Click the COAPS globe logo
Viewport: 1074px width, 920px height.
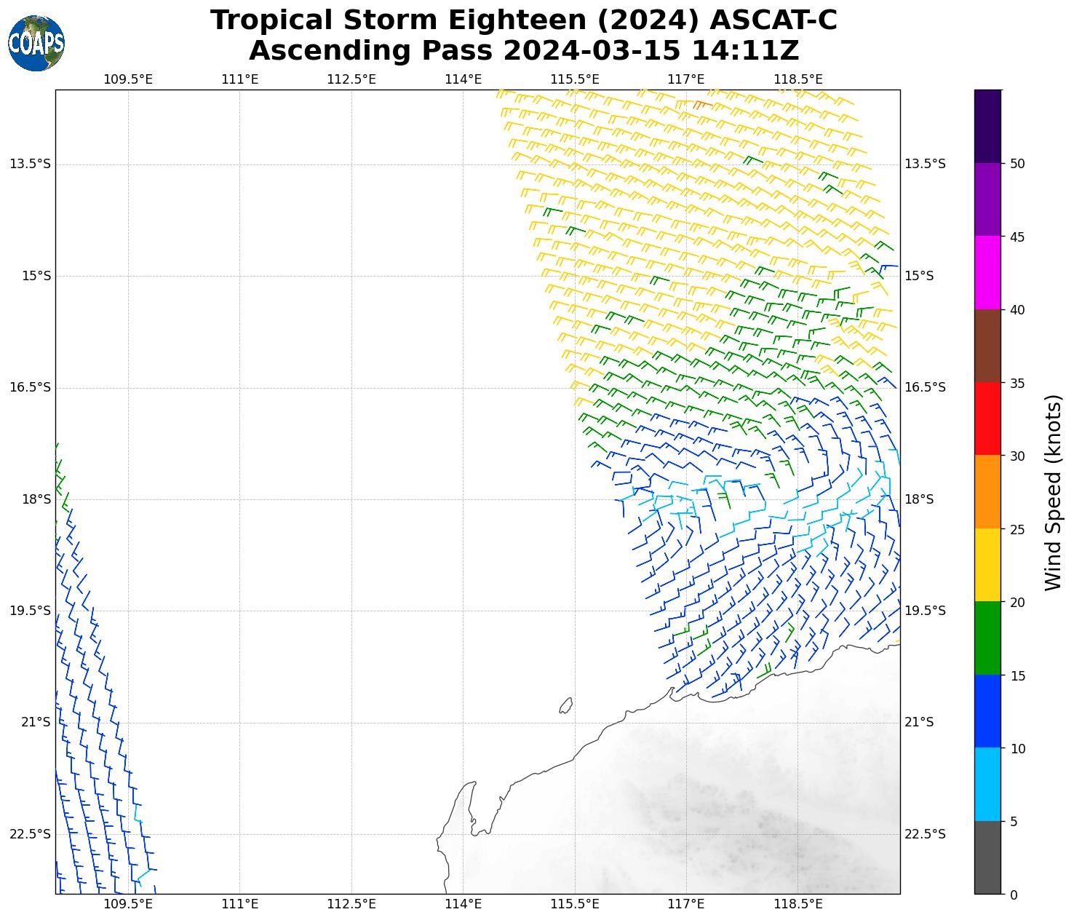coord(36,43)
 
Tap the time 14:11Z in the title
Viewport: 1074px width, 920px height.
coord(744,51)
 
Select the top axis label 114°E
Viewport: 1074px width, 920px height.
coord(463,79)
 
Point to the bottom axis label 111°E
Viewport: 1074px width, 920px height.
coord(239,904)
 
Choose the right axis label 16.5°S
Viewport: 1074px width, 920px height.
coord(925,387)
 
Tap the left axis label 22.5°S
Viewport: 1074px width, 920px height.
coord(31,834)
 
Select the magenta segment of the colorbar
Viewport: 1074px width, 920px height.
coord(987,273)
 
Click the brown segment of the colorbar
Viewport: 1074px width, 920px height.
coord(987,346)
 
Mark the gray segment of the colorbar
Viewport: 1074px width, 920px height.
coord(987,857)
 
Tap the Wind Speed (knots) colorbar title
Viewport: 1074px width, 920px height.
coord(1052,493)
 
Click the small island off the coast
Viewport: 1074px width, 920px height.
coord(565,705)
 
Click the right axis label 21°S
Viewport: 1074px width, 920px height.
coord(919,722)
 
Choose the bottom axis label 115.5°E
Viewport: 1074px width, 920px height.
coord(574,904)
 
